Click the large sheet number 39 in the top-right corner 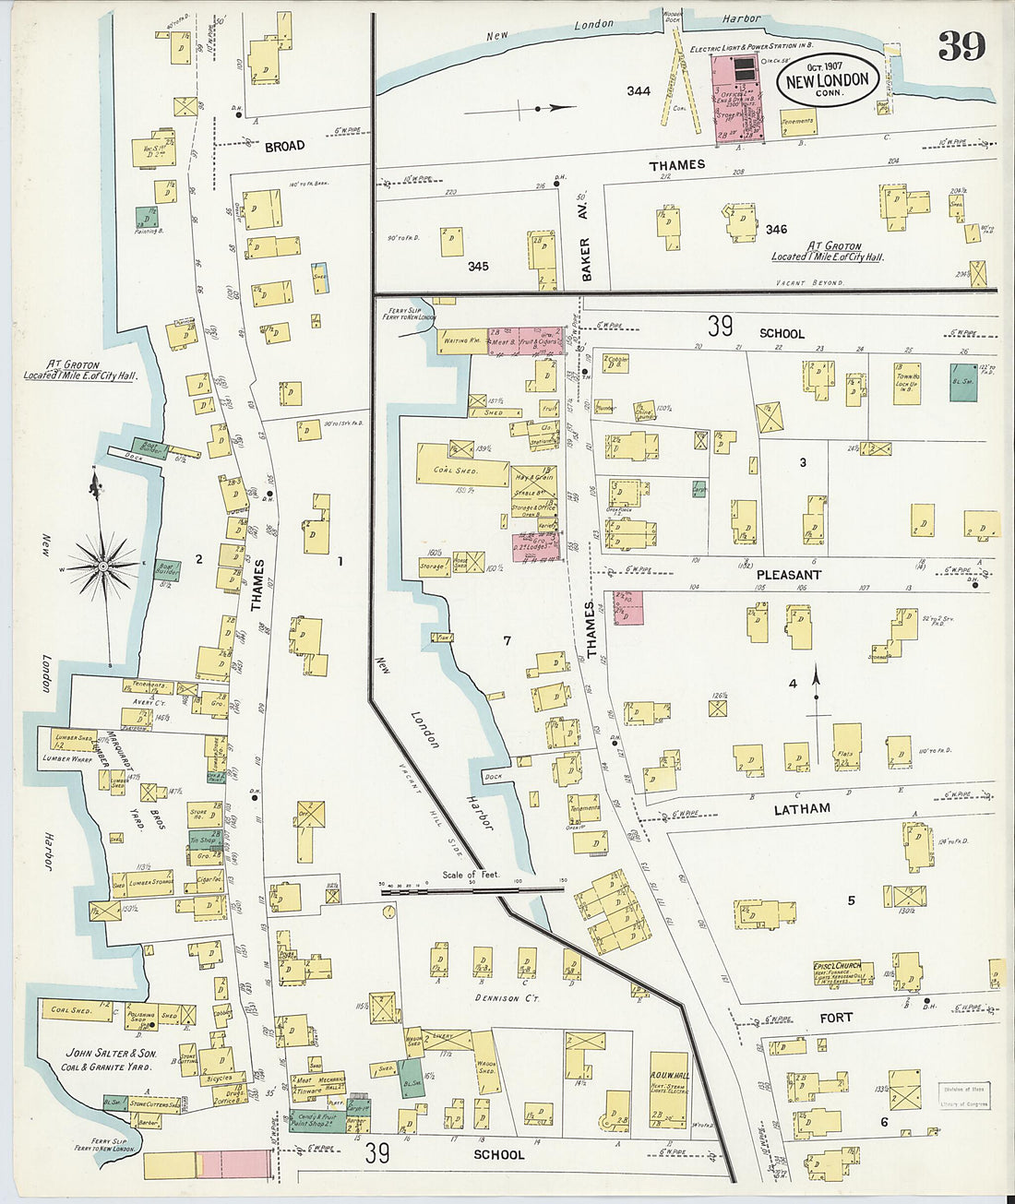coord(961,45)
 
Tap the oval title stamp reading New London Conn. coord(827,80)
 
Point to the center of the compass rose coord(103,564)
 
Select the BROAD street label coord(285,147)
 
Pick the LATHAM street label coord(802,808)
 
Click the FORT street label coord(836,1017)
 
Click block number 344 coord(639,91)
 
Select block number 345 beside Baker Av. coord(478,266)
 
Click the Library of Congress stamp coord(963,1096)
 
